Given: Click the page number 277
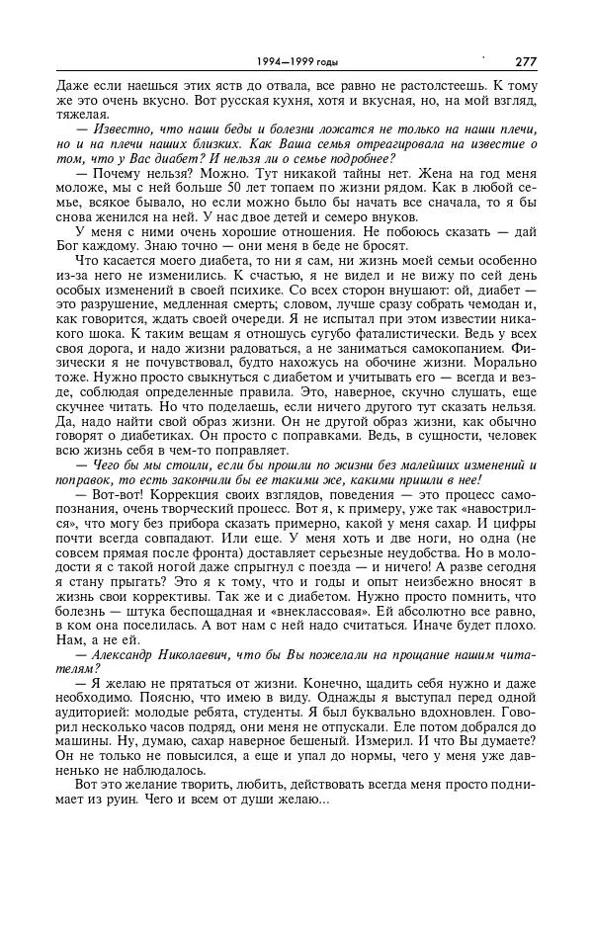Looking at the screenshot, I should (x=525, y=61).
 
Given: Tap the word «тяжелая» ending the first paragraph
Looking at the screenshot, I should (x=82, y=117).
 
